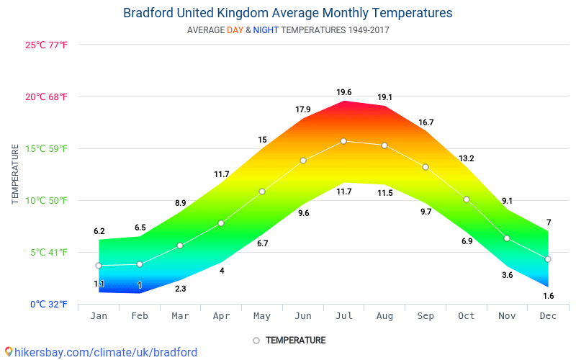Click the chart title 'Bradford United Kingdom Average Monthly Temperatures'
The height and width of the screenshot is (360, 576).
288,13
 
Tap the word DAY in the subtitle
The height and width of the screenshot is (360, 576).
235,31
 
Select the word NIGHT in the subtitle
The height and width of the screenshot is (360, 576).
266,31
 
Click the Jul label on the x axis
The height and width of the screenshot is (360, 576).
344,316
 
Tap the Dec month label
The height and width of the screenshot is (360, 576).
548,316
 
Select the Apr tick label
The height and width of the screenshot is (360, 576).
221,316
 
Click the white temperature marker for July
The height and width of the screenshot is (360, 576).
343,141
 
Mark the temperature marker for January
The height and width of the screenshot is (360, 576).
99,266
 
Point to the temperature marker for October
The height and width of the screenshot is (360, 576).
467,199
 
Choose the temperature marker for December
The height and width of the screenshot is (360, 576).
548,259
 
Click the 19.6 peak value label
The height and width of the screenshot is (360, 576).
344,92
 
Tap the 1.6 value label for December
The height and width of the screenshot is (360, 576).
549,296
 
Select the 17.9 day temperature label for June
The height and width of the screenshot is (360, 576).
303,109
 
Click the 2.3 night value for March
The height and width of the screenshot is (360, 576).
180,289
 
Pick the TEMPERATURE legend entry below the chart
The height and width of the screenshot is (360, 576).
289,341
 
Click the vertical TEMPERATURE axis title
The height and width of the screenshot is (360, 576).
15,174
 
